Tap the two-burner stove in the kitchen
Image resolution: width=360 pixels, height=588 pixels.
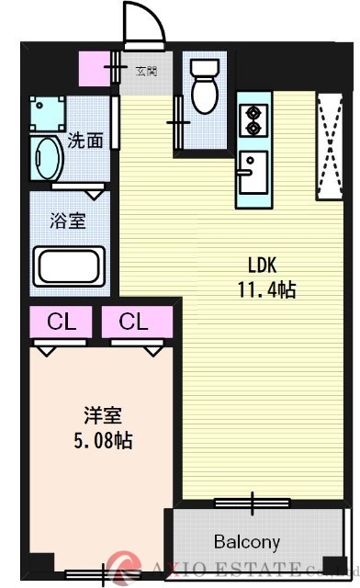[x=251, y=120]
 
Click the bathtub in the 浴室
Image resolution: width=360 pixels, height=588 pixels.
[x=71, y=266]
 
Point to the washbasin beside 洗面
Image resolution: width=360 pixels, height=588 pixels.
[x=46, y=159]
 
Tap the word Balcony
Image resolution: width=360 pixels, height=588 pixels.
[x=247, y=541]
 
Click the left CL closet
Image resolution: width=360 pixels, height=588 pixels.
[x=61, y=322]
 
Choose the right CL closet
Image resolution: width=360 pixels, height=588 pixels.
[x=133, y=322]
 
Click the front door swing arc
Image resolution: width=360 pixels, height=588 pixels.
[x=145, y=23]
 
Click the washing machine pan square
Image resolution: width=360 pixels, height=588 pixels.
[x=46, y=112]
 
